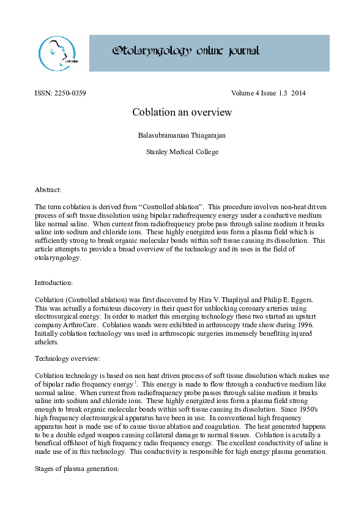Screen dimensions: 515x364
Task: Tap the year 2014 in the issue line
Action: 299,94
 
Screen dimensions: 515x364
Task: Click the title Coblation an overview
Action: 182,113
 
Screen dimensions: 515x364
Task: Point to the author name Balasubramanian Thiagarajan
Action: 182,134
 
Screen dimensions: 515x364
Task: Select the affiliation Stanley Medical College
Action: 182,152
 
